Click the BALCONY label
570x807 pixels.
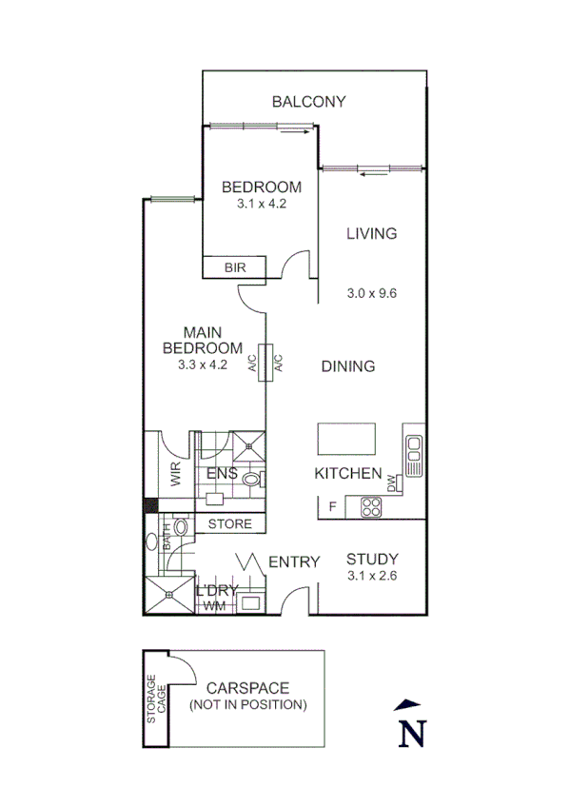point(308,102)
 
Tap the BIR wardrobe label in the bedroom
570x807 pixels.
point(235,268)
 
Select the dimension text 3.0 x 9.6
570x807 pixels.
point(371,293)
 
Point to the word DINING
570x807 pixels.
point(347,366)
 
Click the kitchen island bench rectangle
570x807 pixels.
point(346,440)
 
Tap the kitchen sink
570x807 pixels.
point(413,455)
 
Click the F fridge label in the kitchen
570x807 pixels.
point(332,507)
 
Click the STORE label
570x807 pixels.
point(229,524)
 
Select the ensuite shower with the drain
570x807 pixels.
point(249,443)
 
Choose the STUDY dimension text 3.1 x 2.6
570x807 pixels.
point(371,577)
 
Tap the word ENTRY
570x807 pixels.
point(294,562)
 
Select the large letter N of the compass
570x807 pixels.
point(411,734)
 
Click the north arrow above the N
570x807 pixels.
point(407,705)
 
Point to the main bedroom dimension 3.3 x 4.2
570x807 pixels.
point(202,364)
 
